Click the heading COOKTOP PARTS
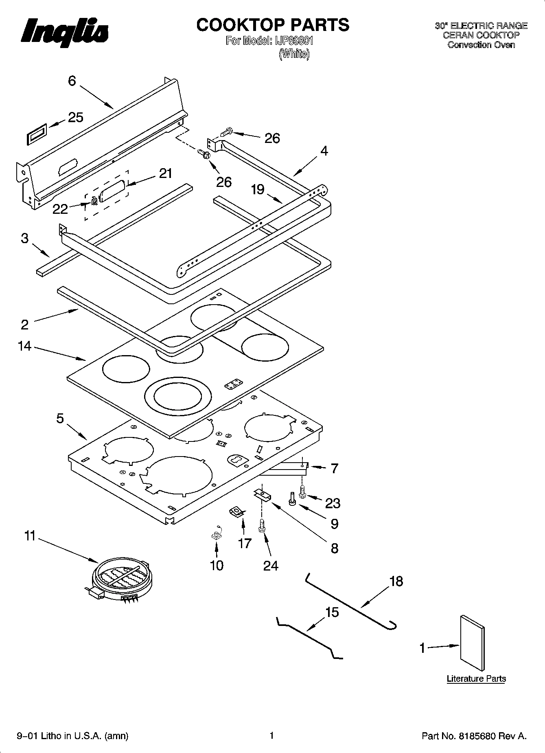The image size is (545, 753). pos(272,25)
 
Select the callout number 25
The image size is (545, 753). pos(75,118)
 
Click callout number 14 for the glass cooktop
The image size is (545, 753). pos(24,346)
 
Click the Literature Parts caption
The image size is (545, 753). pos(476,678)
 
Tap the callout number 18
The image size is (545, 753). pos(396,581)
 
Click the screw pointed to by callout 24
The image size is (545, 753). pos(262,528)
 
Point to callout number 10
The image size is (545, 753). pos(217,565)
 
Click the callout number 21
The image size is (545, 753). pos(165,173)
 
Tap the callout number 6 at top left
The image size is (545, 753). pos(72,81)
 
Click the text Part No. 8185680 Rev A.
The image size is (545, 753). pos(474,735)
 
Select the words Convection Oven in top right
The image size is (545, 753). pos(481,45)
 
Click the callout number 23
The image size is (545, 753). pos(333,503)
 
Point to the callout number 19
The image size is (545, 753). pos(258,189)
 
